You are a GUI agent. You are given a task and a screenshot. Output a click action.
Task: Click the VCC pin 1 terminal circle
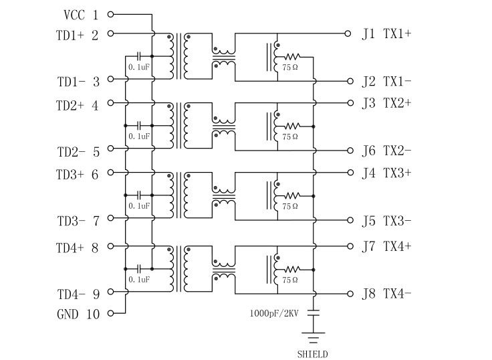click(x=110, y=14)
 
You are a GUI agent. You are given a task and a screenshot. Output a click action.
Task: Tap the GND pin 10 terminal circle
click(x=110, y=313)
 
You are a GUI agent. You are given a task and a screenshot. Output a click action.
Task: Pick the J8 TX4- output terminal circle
click(x=348, y=294)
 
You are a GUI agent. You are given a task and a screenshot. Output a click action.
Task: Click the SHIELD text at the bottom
click(x=314, y=354)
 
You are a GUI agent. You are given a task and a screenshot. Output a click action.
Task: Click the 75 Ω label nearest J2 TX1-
click(x=290, y=68)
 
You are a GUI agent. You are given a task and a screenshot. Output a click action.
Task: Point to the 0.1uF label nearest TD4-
click(x=139, y=278)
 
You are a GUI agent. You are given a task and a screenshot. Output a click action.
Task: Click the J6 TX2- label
click(x=386, y=151)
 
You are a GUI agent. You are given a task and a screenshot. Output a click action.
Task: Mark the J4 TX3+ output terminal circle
click(x=348, y=172)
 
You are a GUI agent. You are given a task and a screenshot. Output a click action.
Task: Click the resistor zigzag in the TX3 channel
click(x=293, y=195)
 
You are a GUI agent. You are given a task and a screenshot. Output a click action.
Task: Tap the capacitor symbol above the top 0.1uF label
click(x=139, y=56)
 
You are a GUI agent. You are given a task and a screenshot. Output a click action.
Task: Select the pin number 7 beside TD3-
click(x=96, y=221)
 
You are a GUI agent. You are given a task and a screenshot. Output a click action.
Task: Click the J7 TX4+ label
click(x=386, y=246)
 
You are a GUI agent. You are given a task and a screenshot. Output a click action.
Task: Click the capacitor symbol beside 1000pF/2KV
click(x=314, y=312)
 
